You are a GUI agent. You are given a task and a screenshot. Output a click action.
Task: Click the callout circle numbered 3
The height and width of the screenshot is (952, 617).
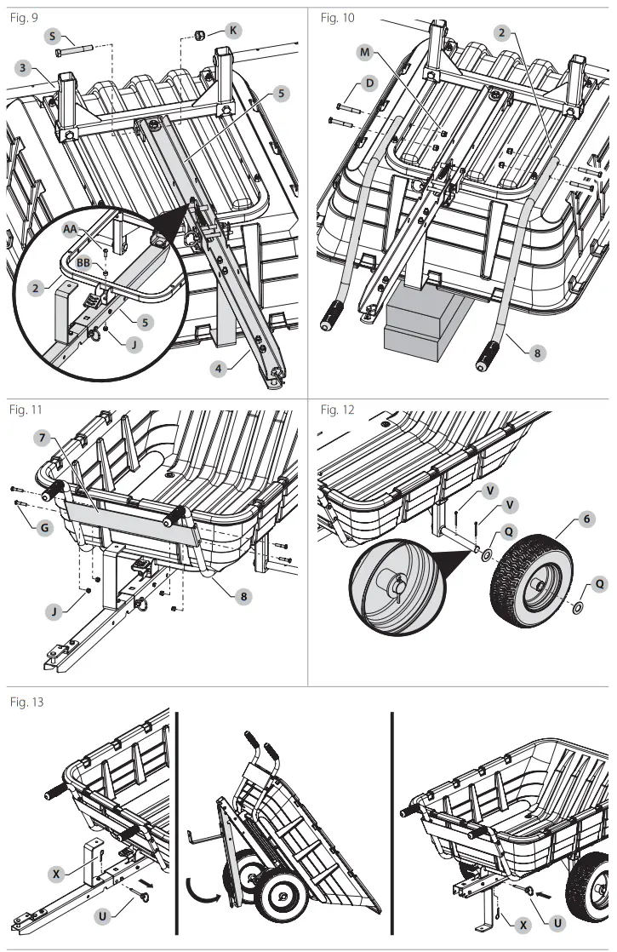coord(24,67)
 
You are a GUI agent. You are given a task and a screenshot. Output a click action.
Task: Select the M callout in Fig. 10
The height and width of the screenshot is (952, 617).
coord(366,52)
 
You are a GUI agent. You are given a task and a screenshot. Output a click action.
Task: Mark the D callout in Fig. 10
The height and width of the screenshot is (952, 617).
coord(368,83)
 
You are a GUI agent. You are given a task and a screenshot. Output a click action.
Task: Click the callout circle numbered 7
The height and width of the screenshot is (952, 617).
coord(40,438)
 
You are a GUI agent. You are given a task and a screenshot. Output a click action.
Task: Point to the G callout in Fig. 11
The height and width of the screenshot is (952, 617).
coord(44,528)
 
